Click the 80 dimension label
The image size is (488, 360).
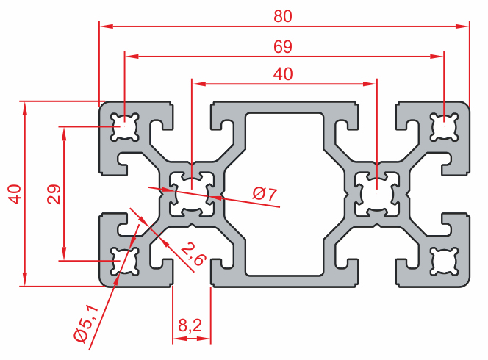[284, 15]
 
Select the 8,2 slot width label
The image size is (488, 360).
[191, 324]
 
